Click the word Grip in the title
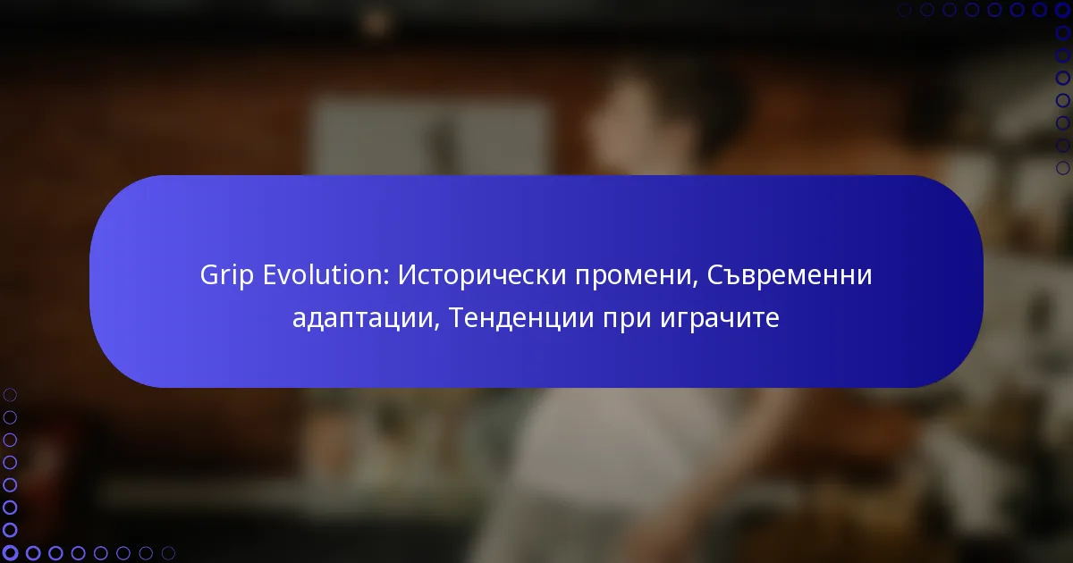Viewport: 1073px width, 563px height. coord(226,276)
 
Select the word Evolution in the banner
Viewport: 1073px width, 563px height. coord(325,275)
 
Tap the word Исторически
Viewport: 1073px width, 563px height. coord(482,276)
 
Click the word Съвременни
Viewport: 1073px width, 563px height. coord(790,275)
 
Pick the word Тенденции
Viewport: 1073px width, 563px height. coord(521,318)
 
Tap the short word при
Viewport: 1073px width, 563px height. coord(627,319)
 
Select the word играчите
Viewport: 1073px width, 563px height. coord(720,319)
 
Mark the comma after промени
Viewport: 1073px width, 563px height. coord(694,284)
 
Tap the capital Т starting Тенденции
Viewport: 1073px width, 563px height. coord(458,317)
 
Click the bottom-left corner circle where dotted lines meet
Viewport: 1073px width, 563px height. coord(10,552)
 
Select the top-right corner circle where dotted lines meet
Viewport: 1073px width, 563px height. coord(1062,10)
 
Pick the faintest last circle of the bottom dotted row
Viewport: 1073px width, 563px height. coord(168,553)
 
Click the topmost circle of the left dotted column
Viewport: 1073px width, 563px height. coord(10,395)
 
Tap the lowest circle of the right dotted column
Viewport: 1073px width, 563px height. coord(1062,168)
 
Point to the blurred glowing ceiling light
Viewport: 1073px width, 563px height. coord(377,21)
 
